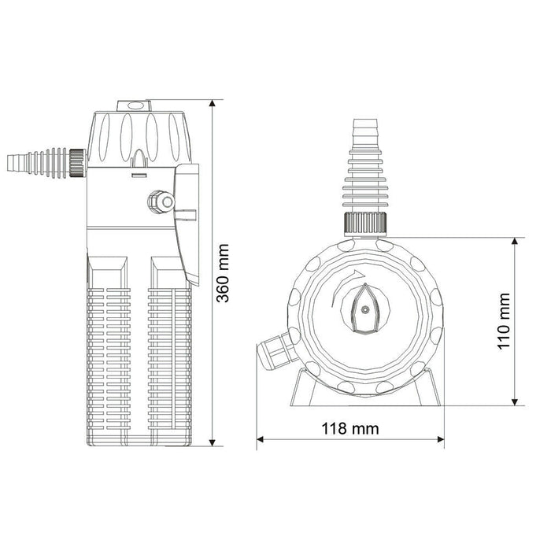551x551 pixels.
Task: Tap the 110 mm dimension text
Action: tap(504, 320)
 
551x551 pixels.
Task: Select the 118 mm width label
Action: tap(350, 429)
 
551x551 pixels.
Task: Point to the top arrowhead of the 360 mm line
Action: tap(213, 105)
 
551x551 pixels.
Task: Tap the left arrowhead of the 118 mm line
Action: tap(262, 441)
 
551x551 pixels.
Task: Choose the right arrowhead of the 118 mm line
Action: tap(439, 441)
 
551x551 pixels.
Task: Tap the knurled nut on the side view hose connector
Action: tap(77, 161)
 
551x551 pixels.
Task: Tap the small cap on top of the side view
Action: tap(133, 105)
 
